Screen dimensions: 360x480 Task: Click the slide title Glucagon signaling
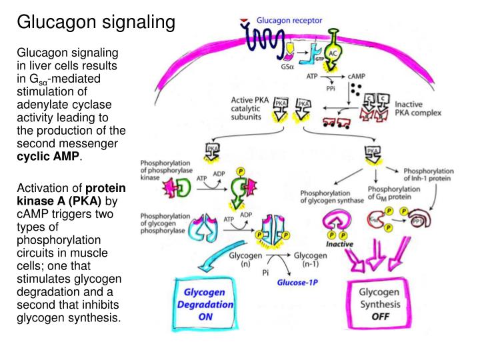point(95,23)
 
